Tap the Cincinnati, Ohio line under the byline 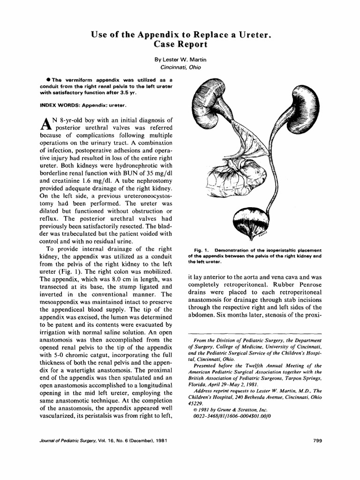180,67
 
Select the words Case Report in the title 180,45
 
